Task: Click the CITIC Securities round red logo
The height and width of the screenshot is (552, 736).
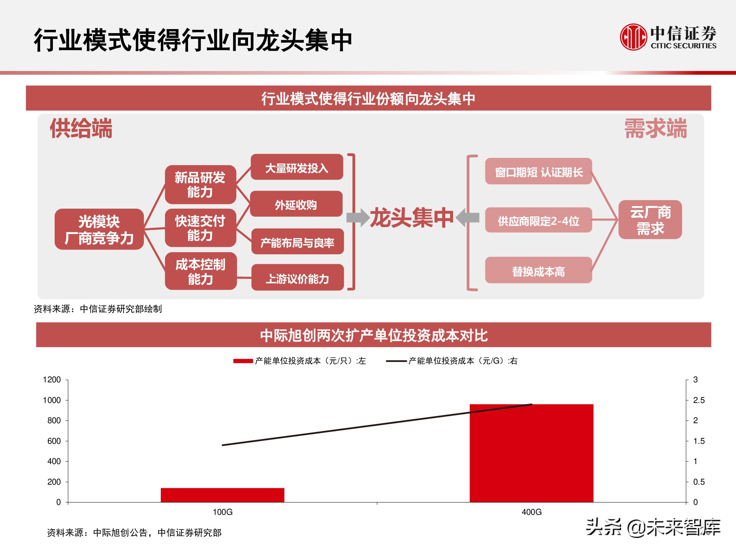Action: tap(633, 37)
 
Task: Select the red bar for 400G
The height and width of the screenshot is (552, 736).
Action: tap(531, 453)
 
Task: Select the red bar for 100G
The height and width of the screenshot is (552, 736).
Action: tap(222, 495)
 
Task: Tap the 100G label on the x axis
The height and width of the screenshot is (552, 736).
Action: tap(222, 512)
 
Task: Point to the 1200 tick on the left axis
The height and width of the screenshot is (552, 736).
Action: tap(52, 380)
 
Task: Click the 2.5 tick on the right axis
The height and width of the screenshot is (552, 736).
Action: tap(698, 400)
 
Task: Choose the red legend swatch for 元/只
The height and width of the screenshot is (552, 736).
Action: tap(243, 361)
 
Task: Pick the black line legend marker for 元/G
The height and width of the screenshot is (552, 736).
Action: tap(396, 361)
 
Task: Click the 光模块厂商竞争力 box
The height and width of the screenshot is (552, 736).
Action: tap(99, 229)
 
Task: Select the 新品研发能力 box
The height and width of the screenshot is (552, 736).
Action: tap(200, 185)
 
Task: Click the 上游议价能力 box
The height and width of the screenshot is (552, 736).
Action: tap(297, 278)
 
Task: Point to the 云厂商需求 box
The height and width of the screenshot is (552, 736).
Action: tap(650, 220)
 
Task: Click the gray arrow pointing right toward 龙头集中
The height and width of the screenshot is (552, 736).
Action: tap(358, 217)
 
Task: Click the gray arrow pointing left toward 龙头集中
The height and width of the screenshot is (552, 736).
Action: tap(468, 217)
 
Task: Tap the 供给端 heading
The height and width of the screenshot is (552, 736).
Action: tap(81, 128)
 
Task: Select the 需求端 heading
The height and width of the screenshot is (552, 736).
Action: tap(655, 128)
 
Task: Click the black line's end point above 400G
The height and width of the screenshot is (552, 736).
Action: tap(531, 404)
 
